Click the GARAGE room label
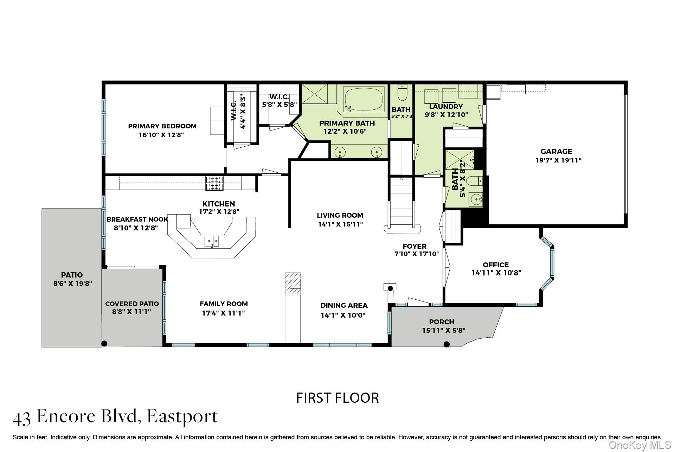pyautogui.click(x=556, y=152)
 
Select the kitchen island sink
pyautogui.click(x=212, y=241)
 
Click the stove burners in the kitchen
pyautogui.click(x=214, y=183)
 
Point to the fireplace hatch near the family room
pyautogui.click(x=293, y=284)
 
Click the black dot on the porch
pyautogui.click(x=446, y=344)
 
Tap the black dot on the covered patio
pyautogui.click(x=104, y=343)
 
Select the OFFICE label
pyautogui.click(x=496, y=265)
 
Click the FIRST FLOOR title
pyautogui.click(x=337, y=398)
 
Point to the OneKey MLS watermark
pyautogui.click(x=639, y=445)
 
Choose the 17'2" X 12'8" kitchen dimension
pyautogui.click(x=219, y=212)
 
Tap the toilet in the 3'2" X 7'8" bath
pyautogui.click(x=401, y=93)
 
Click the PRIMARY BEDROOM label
pyautogui.click(x=162, y=126)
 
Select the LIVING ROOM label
pyautogui.click(x=340, y=215)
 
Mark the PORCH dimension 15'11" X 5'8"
pyautogui.click(x=444, y=330)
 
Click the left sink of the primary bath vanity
pyautogui.click(x=340, y=152)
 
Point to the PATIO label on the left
pyautogui.click(x=72, y=275)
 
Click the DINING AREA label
pyautogui.click(x=344, y=305)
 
